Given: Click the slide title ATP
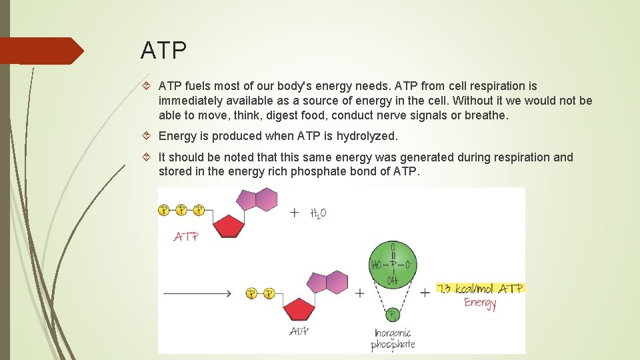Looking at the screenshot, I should click(x=164, y=50).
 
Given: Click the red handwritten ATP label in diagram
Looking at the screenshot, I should click(x=186, y=237).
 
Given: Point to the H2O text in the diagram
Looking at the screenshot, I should click(x=318, y=213).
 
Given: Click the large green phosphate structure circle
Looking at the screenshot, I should click(x=393, y=264).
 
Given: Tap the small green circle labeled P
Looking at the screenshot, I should click(x=393, y=315).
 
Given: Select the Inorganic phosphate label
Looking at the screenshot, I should click(x=393, y=338).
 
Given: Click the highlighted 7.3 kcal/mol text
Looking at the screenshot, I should click(x=480, y=289).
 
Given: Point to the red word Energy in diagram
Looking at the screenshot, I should click(x=480, y=303).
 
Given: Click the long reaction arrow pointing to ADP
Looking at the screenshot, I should click(x=197, y=293).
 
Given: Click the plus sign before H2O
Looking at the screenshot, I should click(x=295, y=213).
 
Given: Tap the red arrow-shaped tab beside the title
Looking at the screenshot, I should click(x=41, y=51).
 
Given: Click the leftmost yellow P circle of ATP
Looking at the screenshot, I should click(x=164, y=210).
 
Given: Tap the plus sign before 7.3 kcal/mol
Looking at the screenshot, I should click(x=425, y=293).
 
